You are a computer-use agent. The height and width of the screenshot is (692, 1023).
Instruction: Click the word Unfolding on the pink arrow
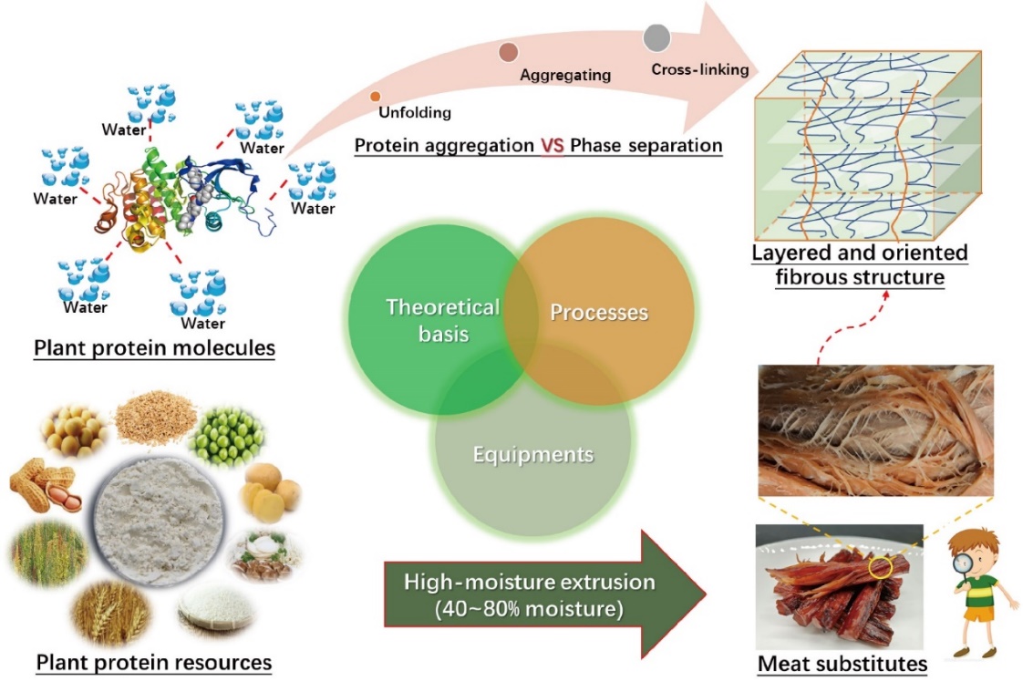[x=415, y=112]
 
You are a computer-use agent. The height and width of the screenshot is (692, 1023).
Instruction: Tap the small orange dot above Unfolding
[x=375, y=97]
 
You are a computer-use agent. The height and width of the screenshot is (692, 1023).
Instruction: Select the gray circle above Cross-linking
[x=656, y=37]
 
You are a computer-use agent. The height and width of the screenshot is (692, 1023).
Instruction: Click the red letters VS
[x=552, y=145]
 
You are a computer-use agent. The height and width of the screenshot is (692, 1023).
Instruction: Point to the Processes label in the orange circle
[x=599, y=313]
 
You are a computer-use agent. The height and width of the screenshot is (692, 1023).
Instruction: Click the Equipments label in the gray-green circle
[x=533, y=454]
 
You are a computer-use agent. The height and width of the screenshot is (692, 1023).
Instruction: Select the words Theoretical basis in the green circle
[x=443, y=320]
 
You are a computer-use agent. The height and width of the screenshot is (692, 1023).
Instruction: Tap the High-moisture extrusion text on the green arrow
[x=529, y=582]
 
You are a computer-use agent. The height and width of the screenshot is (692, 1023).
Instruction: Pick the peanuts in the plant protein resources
[x=46, y=483]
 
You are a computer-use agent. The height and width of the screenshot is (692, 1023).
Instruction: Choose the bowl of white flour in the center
[x=160, y=520]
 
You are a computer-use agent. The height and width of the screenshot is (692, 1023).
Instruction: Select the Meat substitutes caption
[x=842, y=664]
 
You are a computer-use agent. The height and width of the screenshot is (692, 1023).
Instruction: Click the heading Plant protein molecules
[x=155, y=347]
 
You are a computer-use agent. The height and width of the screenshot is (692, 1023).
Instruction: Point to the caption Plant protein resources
[x=154, y=662]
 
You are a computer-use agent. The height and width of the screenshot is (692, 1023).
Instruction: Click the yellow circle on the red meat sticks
[x=880, y=566]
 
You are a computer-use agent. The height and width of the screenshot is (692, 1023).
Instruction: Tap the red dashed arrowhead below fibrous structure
[x=885, y=294]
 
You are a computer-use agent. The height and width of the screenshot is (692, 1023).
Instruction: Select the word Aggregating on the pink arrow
[x=565, y=75]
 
